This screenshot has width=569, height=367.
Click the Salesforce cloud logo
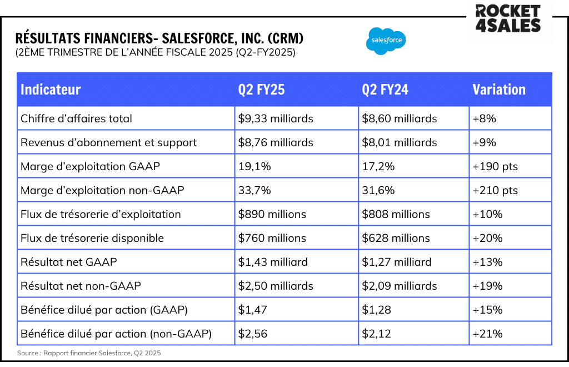point(386,41)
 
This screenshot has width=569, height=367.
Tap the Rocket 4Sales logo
point(507,18)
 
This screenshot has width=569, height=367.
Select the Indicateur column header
point(51,90)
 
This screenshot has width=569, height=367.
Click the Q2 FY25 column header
point(261,90)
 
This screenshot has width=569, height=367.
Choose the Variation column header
point(499,90)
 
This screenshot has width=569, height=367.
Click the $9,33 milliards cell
point(276,118)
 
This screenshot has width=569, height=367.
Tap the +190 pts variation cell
point(495,166)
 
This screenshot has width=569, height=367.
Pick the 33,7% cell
point(254,190)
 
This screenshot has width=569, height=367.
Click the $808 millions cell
point(396,214)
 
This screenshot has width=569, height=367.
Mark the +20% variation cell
point(487,238)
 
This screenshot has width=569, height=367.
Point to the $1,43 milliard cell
point(273,262)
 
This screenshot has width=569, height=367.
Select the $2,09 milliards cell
point(399,286)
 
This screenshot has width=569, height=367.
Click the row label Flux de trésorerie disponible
point(92,238)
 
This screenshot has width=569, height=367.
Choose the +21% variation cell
point(487,334)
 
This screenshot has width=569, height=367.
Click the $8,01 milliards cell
point(399,142)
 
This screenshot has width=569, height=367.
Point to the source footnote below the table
point(89,353)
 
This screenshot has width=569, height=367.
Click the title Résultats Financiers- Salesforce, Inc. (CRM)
point(160,38)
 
